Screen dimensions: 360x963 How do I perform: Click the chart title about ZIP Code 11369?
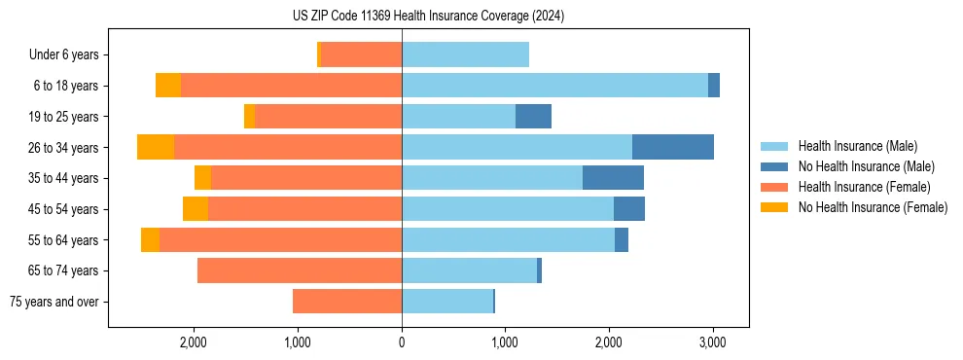[428, 17]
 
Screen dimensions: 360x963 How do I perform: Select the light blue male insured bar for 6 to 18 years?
[554, 86]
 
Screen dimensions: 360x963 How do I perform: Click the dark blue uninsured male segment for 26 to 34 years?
[673, 147]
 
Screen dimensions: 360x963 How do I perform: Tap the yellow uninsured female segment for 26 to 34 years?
[156, 147]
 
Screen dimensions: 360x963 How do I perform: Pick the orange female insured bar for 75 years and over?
[347, 302]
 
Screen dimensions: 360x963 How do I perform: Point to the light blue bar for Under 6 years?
[465, 54]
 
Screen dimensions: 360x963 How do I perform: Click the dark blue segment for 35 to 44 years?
[613, 178]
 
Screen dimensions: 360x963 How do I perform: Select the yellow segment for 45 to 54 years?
[196, 209]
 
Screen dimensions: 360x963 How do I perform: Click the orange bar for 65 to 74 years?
[300, 270]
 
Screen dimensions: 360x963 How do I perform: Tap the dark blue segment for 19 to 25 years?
[533, 117]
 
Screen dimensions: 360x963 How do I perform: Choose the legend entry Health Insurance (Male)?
[857, 146]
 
